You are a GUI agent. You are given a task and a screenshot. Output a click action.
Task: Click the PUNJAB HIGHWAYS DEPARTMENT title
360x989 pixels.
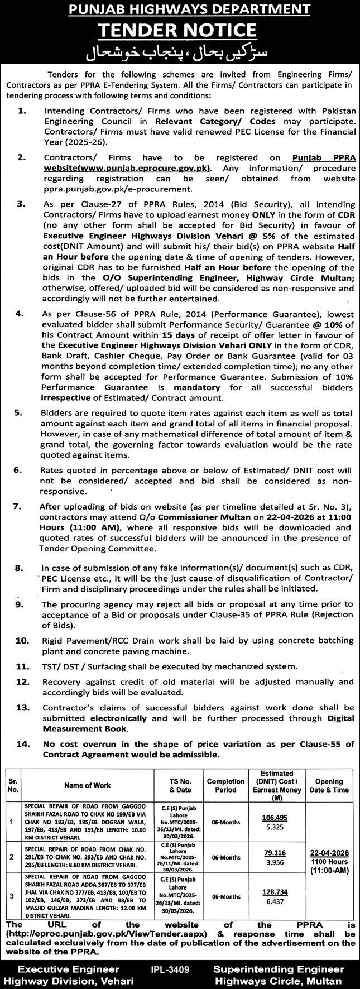[180, 9]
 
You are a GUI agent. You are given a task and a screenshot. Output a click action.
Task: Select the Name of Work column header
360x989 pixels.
[87, 785]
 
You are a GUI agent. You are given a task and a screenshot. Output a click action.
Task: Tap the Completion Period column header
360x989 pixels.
[225, 785]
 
